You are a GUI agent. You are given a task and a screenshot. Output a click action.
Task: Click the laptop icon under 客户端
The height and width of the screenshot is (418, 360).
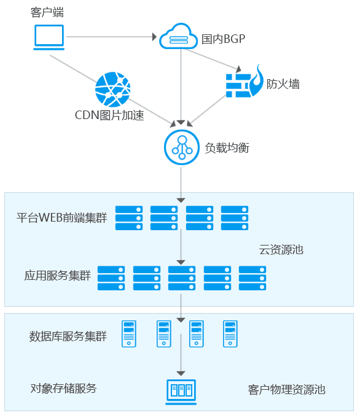[49, 37]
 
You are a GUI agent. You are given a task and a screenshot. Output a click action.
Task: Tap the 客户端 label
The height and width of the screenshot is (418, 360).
[47, 12]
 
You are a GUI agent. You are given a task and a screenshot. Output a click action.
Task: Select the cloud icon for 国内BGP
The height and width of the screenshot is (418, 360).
[178, 36]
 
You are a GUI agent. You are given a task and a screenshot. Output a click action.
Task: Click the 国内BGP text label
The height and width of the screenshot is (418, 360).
[223, 39]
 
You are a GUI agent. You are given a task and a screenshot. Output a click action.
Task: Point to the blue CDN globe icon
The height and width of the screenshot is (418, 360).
[113, 89]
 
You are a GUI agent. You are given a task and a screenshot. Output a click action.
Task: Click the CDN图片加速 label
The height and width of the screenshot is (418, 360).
[109, 115]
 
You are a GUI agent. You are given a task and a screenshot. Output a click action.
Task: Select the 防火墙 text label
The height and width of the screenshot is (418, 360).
[283, 84]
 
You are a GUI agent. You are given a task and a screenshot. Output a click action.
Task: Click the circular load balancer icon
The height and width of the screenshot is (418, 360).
[182, 147]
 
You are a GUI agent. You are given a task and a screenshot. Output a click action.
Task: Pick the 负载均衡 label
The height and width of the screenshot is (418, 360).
[227, 148]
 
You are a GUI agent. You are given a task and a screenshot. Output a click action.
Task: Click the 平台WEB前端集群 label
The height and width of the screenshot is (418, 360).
[61, 217]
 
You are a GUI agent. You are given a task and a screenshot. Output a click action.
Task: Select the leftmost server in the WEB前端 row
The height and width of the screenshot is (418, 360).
[129, 218]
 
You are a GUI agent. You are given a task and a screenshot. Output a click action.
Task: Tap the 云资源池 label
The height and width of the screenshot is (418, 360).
[281, 250]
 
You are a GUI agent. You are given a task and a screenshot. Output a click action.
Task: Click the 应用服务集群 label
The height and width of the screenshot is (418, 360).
[58, 276]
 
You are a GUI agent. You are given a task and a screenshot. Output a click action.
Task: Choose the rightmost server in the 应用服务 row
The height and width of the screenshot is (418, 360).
[252, 278]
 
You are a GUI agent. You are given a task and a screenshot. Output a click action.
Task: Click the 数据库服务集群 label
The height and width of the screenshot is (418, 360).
[68, 336]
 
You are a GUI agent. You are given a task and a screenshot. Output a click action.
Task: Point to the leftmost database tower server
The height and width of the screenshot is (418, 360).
[129, 334]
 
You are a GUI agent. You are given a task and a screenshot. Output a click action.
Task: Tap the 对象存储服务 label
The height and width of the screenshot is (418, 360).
[63, 388]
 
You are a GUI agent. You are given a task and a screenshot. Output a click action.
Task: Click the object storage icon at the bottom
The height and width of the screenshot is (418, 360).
[181, 392]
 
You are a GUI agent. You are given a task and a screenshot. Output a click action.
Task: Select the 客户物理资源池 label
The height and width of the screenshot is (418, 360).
[287, 390]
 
